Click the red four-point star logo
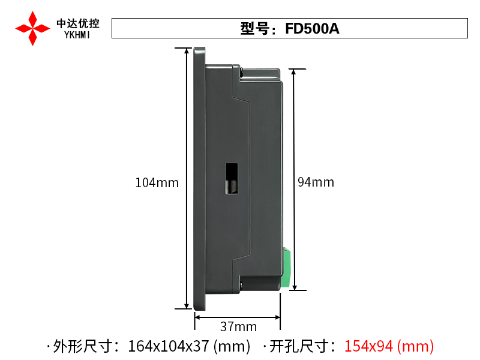click(x=32, y=28)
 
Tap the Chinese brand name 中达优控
click(x=78, y=23)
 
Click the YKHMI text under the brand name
click(x=77, y=35)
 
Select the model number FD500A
click(x=312, y=28)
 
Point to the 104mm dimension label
click(x=157, y=183)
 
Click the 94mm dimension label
click(x=316, y=182)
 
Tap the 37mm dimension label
click(x=238, y=326)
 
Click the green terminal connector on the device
click(x=286, y=268)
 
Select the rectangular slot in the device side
click(x=232, y=178)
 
